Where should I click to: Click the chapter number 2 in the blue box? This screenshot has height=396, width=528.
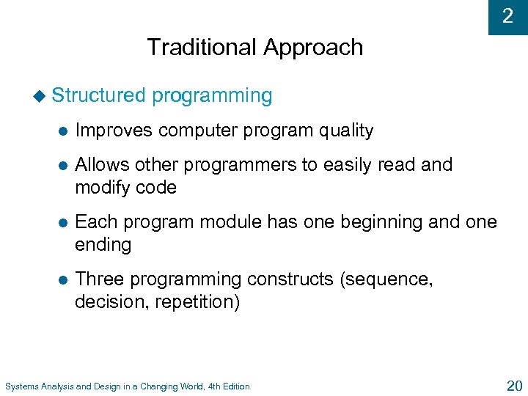pyautogui.click(x=507, y=16)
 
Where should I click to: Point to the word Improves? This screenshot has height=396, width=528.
pyautogui.click(x=114, y=131)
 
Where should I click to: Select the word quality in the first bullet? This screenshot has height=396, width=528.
pyautogui.click(x=345, y=131)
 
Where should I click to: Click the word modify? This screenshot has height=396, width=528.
pyautogui.click(x=100, y=188)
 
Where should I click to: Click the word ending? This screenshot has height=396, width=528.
pyautogui.click(x=103, y=245)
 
